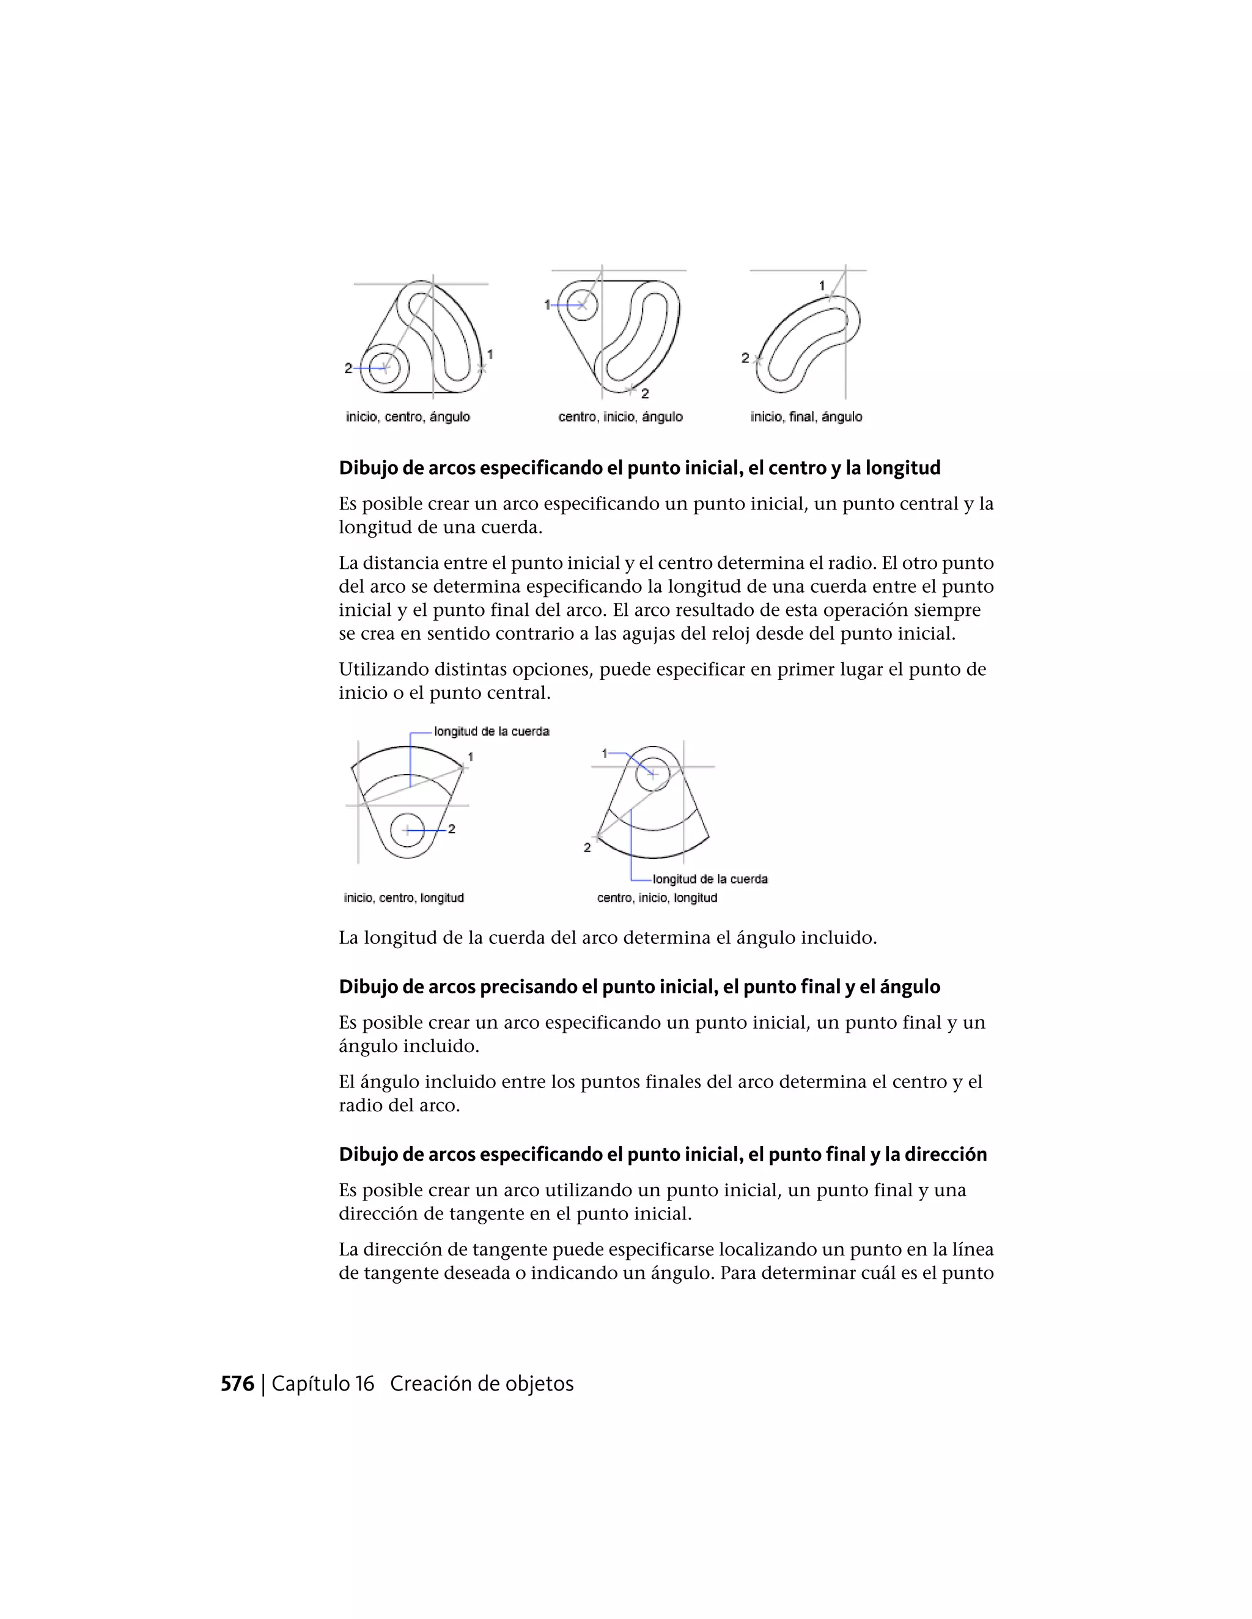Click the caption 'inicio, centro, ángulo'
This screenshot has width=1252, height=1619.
click(x=408, y=417)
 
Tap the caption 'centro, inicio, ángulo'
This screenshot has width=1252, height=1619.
click(x=620, y=417)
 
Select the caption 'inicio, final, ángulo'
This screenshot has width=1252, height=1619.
click(x=806, y=417)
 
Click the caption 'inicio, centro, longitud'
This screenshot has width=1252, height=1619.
click(x=403, y=897)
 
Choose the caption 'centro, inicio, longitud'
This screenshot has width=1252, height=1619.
click(x=657, y=897)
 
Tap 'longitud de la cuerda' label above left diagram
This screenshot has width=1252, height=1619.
click(x=492, y=732)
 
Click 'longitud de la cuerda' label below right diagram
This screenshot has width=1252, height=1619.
click(x=710, y=879)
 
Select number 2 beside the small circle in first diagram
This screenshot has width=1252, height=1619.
click(x=348, y=368)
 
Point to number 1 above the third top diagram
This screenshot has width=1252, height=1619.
click(x=822, y=285)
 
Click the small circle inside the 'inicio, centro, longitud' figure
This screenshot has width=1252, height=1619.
click(x=407, y=830)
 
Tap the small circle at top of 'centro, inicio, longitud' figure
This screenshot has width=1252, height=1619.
click(x=653, y=774)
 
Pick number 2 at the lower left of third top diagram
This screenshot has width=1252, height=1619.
click(x=745, y=358)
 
